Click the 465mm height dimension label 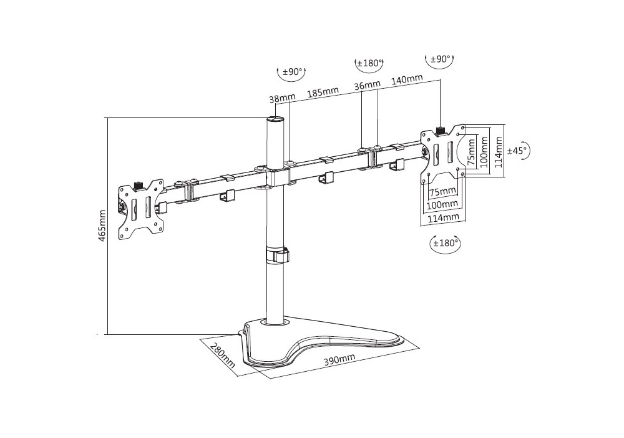click(x=102, y=226)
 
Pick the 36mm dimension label click(x=367, y=85)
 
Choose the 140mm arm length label click(x=407, y=80)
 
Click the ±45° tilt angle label click(x=517, y=150)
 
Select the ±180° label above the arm click(x=369, y=63)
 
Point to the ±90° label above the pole click(x=293, y=72)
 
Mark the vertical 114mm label click(x=498, y=152)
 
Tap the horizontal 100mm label click(x=442, y=205)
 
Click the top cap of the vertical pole click(x=275, y=119)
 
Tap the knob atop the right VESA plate click(x=441, y=131)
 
